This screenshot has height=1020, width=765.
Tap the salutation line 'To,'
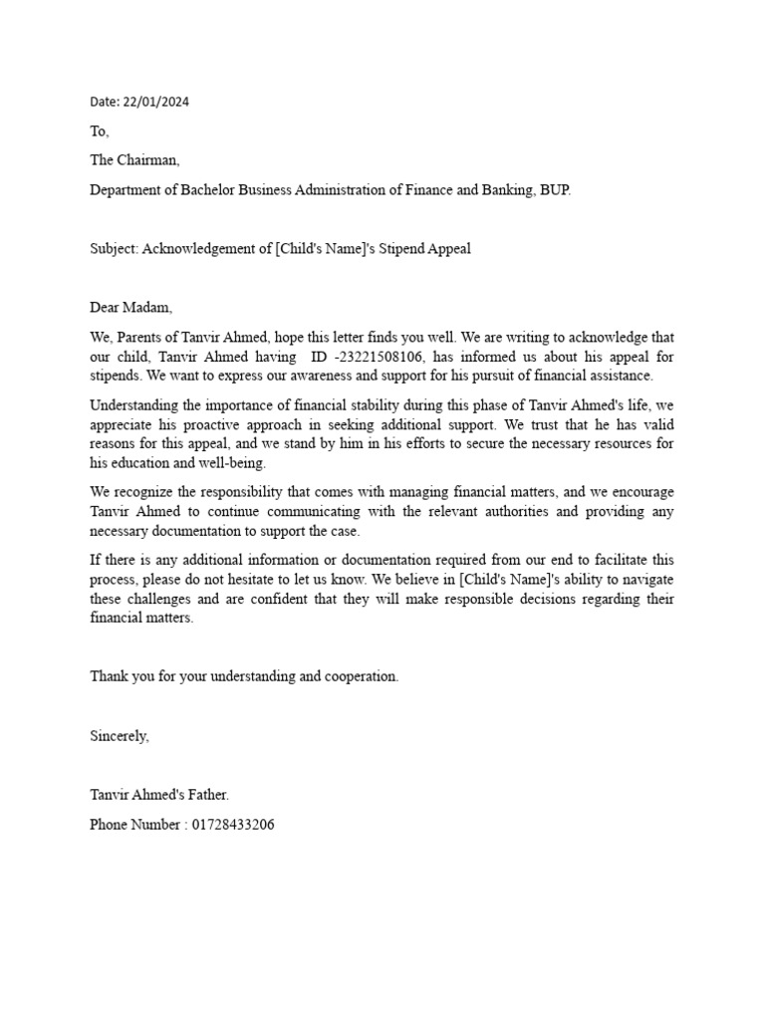coord(100,131)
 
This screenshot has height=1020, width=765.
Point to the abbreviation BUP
coord(556,190)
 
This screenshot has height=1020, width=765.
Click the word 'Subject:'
coord(115,249)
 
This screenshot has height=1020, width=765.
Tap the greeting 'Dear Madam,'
coord(131,308)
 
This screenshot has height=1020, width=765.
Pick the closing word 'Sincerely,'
coord(120,736)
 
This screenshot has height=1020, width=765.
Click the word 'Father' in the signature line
coord(204,796)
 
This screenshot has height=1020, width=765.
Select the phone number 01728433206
coord(234,825)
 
